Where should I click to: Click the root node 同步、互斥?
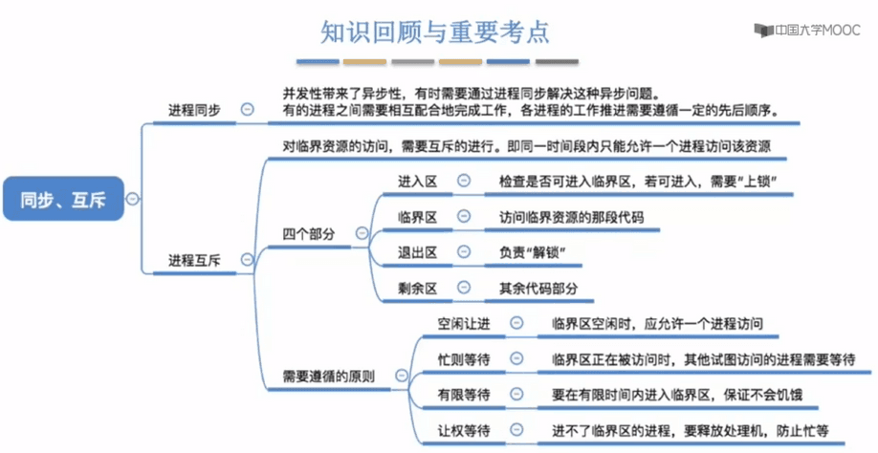(x=63, y=199)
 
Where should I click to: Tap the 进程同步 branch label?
(x=194, y=110)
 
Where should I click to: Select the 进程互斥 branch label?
(x=194, y=260)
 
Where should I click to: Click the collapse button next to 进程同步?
(x=247, y=109)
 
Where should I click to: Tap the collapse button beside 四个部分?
(x=362, y=232)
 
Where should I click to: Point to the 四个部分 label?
(x=309, y=234)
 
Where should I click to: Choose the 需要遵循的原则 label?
(x=329, y=377)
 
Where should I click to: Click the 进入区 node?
(x=417, y=182)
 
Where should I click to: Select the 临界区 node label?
(x=417, y=217)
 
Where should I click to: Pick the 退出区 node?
(x=417, y=253)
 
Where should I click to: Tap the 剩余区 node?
(x=417, y=289)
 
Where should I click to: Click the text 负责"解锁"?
(x=532, y=253)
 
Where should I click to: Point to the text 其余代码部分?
(x=538, y=289)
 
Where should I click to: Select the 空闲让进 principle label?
(x=464, y=323)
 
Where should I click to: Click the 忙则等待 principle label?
(x=464, y=359)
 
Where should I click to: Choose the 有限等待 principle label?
(x=464, y=395)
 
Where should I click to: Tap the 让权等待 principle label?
(x=464, y=431)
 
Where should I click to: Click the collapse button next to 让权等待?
(x=516, y=429)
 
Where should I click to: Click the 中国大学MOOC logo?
(x=807, y=30)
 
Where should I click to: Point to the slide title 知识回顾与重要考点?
(x=435, y=32)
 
